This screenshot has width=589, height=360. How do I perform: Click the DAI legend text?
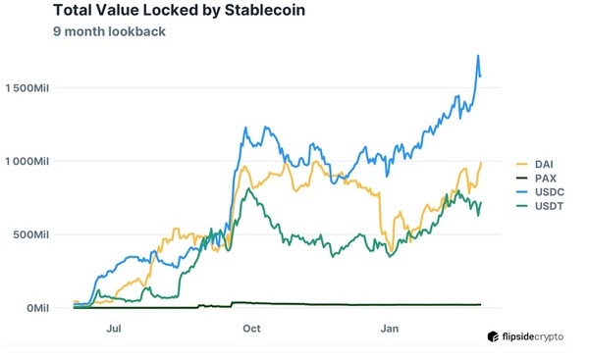(x=543, y=163)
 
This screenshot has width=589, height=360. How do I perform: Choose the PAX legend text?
(x=543, y=177)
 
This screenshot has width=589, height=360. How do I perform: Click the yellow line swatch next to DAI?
(x=522, y=163)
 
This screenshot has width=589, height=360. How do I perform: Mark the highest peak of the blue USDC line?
(x=477, y=56)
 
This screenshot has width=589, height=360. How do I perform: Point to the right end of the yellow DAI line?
(x=481, y=163)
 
